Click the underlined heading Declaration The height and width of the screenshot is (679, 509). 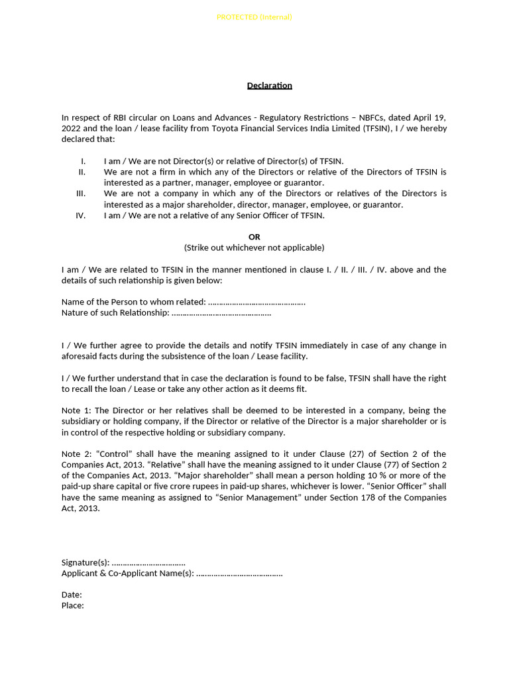click(269, 86)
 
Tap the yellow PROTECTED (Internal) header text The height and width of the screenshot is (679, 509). click(254, 17)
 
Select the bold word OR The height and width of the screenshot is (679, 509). click(254, 237)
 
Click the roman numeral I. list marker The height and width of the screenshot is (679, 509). click(83, 161)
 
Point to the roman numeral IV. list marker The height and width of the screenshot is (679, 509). click(82, 215)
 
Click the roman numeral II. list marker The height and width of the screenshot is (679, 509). click(82, 172)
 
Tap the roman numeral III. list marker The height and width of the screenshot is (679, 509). click(82, 194)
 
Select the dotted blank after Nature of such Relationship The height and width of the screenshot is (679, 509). click(221, 313)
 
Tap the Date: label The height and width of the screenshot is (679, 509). click(72, 595)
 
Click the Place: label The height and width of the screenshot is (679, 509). click(72, 605)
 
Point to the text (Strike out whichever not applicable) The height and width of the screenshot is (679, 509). click(254, 247)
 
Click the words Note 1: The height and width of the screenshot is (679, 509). click(77, 410)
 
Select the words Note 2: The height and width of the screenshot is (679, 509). click(77, 454)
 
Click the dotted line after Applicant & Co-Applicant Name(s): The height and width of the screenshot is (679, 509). click(239, 573)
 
